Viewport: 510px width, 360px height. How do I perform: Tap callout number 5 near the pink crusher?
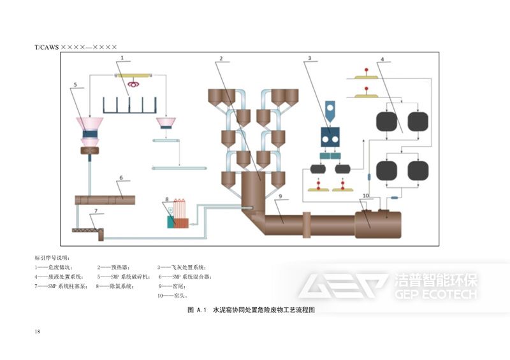coord(75,85)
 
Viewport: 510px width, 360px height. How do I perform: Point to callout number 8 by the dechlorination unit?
coord(168,199)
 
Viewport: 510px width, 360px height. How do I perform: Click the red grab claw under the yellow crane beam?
coord(133,83)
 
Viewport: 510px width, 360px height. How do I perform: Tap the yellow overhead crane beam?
coord(134,75)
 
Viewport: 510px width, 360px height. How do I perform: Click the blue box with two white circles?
coord(330,136)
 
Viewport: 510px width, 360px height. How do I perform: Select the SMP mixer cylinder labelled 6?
coord(105,199)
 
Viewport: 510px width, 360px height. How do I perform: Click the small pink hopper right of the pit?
coord(168,122)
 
